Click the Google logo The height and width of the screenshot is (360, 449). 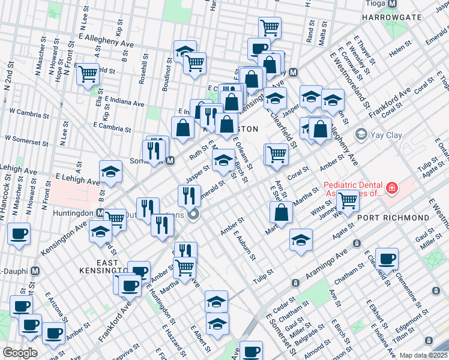(x=20, y=352)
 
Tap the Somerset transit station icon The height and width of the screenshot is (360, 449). (x=170, y=161)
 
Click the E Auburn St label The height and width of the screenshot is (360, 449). (x=246, y=245)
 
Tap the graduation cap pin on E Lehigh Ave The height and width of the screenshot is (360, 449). (x=110, y=173)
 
